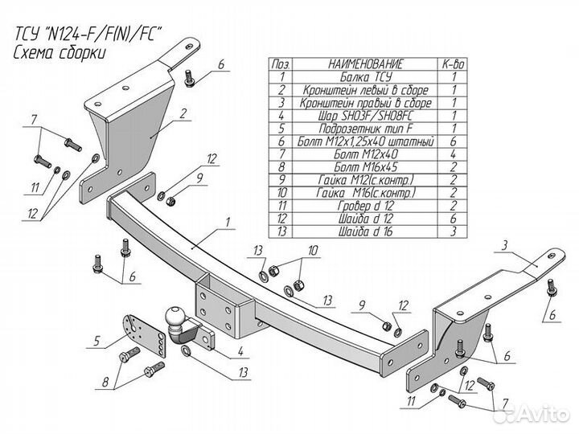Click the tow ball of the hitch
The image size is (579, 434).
pyautogui.click(x=175, y=316)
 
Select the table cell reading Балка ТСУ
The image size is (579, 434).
pyautogui.click(x=366, y=77)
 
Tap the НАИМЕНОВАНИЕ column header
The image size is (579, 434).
pyautogui.click(x=366, y=64)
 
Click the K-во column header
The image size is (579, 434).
pyautogui.click(x=453, y=64)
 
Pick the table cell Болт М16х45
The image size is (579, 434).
pyautogui.click(x=366, y=167)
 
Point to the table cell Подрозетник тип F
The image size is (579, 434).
pyautogui.click(x=366, y=129)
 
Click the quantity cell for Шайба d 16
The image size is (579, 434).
pyautogui.click(x=453, y=231)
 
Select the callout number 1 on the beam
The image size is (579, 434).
pyautogui.click(x=228, y=222)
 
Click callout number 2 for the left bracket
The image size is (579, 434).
pyautogui.click(x=183, y=113)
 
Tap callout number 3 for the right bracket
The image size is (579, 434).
pyautogui.click(x=505, y=245)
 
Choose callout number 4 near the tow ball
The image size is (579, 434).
pyautogui.click(x=240, y=351)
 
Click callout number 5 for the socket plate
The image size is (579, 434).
pyautogui.click(x=96, y=341)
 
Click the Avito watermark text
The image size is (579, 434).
pyautogui.click(x=542, y=414)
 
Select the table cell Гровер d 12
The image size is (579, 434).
pyautogui.click(x=366, y=206)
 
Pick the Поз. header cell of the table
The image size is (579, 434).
pyautogui.click(x=281, y=64)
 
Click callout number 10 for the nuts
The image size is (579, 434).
pyautogui.click(x=313, y=251)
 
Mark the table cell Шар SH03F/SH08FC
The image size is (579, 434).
pyautogui.click(x=366, y=116)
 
